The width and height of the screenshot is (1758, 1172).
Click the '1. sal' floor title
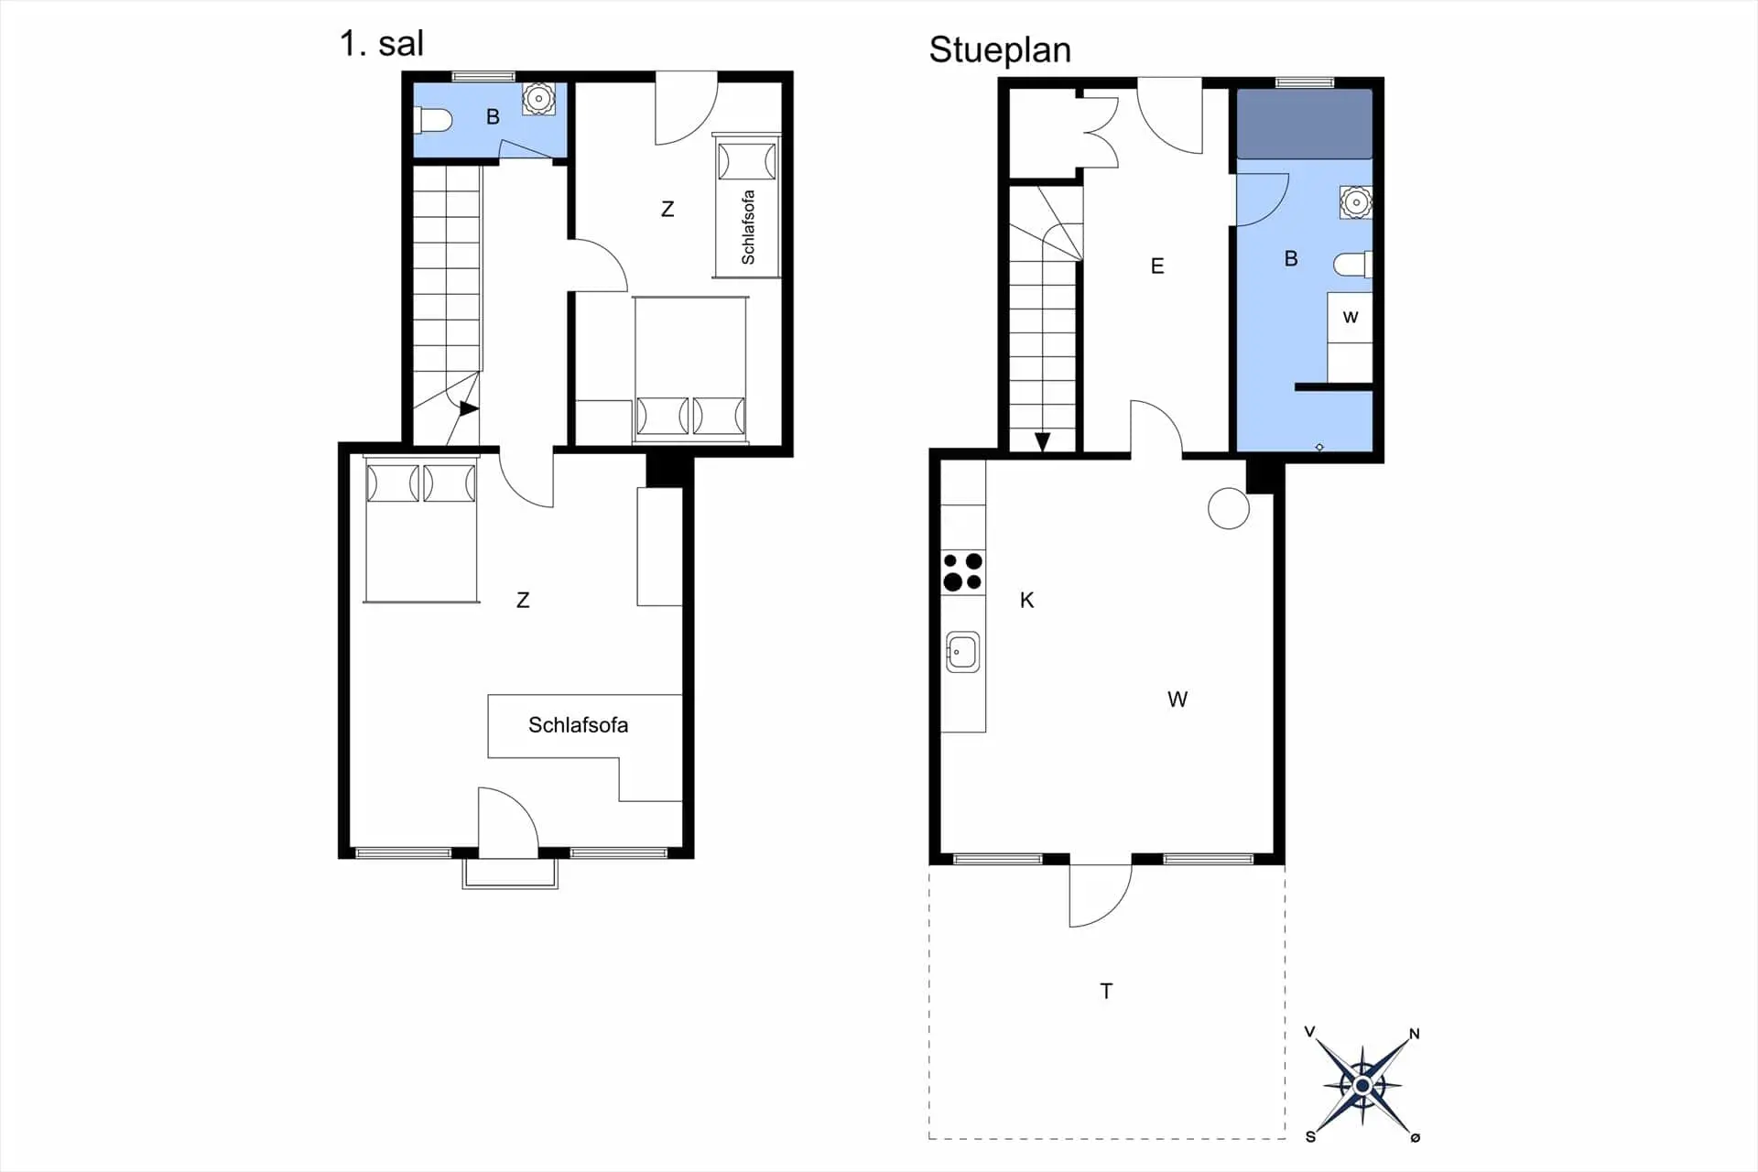click(x=381, y=43)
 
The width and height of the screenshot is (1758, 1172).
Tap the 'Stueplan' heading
click(x=1000, y=49)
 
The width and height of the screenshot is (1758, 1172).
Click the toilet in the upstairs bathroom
click(x=434, y=120)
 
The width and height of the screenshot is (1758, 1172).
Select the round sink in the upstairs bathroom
click(x=538, y=99)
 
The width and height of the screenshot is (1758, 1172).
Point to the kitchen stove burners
click(x=962, y=571)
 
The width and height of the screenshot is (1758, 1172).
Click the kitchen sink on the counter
click(x=962, y=653)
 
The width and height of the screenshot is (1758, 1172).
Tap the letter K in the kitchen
click(x=1027, y=600)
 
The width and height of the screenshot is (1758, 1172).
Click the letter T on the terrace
click(x=1106, y=991)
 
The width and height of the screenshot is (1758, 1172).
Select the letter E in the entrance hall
click(x=1157, y=266)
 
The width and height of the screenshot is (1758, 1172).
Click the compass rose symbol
click(x=1362, y=1086)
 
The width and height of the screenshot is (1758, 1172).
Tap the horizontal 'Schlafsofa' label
click(x=578, y=725)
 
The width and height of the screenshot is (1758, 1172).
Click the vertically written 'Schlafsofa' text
click(x=748, y=227)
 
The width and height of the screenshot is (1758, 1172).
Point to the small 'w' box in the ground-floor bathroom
click(x=1350, y=317)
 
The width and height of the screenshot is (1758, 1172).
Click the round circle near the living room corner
click(x=1229, y=509)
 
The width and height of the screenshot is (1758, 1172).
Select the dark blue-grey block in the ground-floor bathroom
click(x=1305, y=124)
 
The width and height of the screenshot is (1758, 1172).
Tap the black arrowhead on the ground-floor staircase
click(x=1042, y=442)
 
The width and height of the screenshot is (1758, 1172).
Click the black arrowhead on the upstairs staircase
click(x=469, y=408)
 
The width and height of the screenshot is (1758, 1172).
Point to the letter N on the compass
click(x=1414, y=1034)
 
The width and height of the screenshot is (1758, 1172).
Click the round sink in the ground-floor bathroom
click(x=1356, y=202)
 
